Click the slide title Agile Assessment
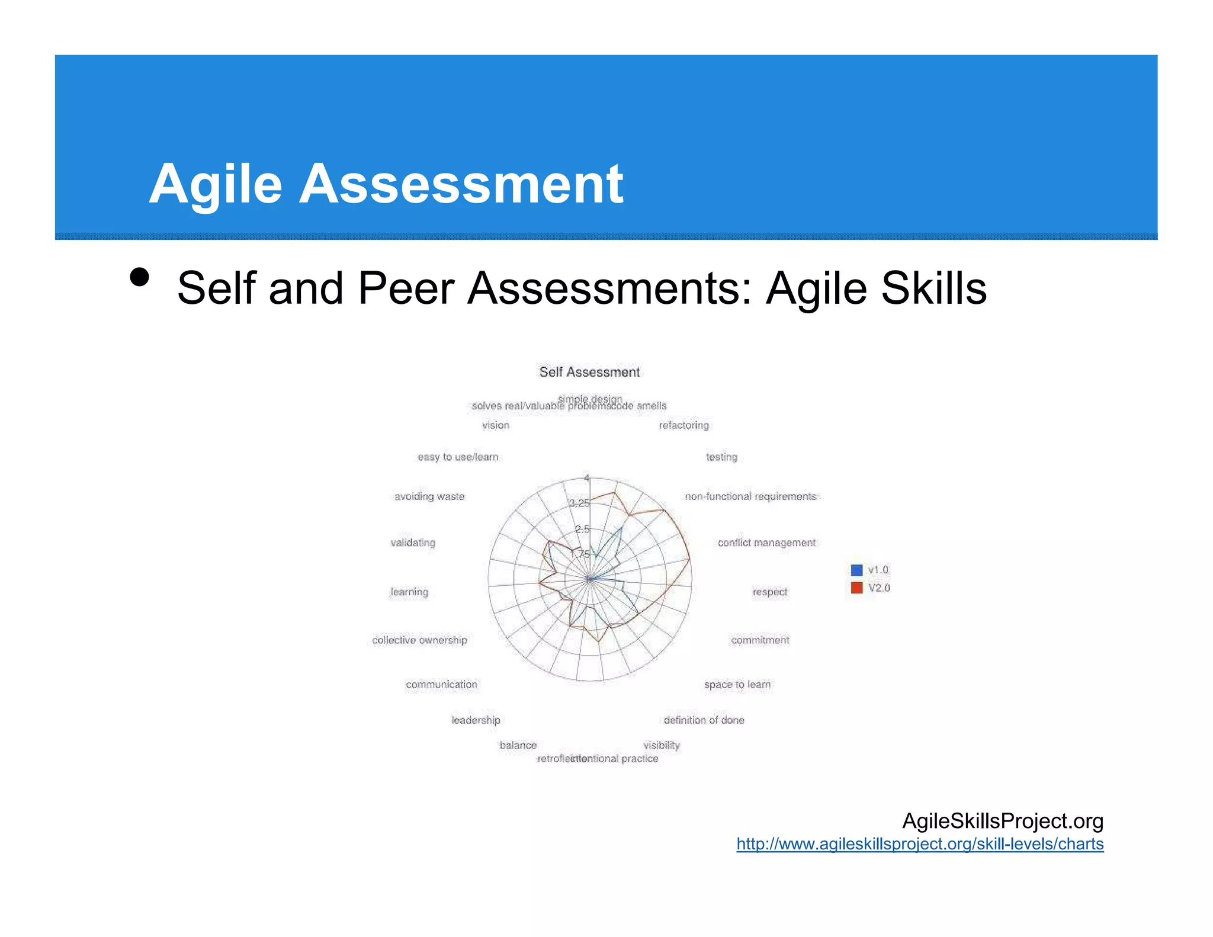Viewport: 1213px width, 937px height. (x=386, y=184)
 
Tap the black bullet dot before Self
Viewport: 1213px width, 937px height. (x=140, y=277)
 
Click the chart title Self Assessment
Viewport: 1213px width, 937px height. (x=589, y=372)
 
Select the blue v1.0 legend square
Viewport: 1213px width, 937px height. (x=856, y=570)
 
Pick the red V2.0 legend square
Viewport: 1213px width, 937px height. (x=856, y=588)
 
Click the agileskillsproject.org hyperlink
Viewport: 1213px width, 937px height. (x=920, y=844)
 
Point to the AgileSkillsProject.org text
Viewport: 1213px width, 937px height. (x=1002, y=821)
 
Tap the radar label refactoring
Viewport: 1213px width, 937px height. (x=683, y=425)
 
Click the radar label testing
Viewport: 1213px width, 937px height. (x=721, y=457)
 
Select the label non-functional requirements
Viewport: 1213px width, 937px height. (x=750, y=496)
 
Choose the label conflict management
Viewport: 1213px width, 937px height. (x=766, y=543)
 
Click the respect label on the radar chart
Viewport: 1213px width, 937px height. (x=769, y=592)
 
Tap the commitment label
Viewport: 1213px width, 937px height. (x=760, y=640)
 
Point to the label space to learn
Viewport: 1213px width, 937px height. (x=737, y=685)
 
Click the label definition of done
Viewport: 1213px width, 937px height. (x=704, y=720)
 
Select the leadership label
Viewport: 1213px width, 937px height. (x=476, y=720)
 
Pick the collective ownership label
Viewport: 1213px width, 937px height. (x=419, y=640)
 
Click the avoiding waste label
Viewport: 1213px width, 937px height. (x=429, y=496)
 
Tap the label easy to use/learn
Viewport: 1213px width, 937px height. (x=458, y=457)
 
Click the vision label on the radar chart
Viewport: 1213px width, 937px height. (x=495, y=425)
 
